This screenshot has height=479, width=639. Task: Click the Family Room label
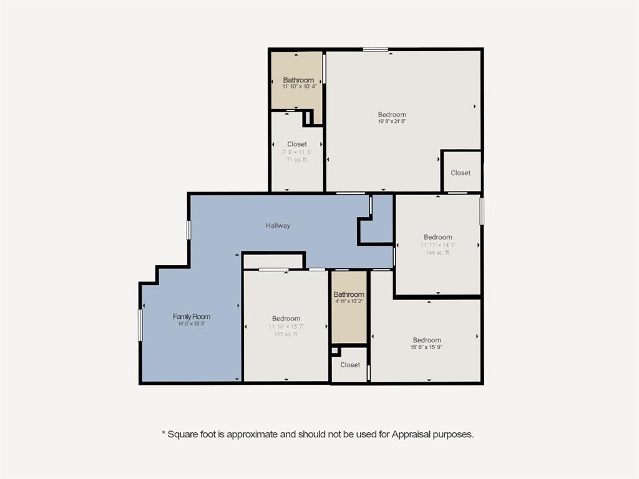click(x=192, y=317)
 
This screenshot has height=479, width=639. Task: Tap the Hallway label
click(x=278, y=226)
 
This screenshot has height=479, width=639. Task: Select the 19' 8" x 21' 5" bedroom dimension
click(x=392, y=122)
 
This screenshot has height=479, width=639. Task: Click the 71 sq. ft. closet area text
click(x=297, y=160)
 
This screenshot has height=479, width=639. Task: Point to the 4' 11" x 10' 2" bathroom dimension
click(x=349, y=301)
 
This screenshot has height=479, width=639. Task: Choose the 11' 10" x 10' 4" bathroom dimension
click(x=298, y=87)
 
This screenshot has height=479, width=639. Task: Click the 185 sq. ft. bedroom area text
click(x=286, y=334)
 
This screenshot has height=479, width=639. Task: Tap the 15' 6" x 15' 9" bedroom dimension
click(x=427, y=347)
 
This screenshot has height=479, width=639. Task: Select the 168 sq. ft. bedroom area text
click(x=437, y=253)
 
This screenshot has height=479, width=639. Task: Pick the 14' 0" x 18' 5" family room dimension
click(x=192, y=324)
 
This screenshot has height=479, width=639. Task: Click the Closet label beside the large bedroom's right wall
click(x=461, y=173)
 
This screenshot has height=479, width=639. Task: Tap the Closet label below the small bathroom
click(x=350, y=365)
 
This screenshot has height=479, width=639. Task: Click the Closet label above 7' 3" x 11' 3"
click(x=297, y=144)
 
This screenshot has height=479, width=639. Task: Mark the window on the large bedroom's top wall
click(x=376, y=49)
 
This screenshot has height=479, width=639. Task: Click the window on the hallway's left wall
click(x=188, y=230)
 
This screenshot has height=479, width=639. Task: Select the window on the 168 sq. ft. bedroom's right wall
click(x=481, y=211)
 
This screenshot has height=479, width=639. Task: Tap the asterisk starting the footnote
click(x=163, y=432)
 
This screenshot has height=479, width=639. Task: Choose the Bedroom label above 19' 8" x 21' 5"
click(x=392, y=114)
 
